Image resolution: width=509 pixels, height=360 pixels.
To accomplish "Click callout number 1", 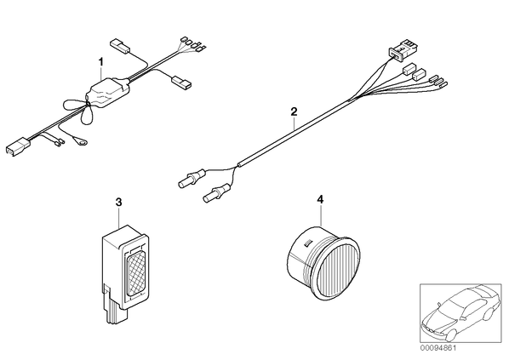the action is (x=101, y=61).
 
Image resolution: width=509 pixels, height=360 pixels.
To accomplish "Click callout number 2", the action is (x=294, y=112).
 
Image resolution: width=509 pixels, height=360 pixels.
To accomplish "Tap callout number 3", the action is (x=119, y=203).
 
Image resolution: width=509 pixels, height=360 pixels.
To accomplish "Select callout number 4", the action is (x=320, y=200).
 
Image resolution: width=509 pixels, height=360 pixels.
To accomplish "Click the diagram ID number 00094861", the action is (x=438, y=348).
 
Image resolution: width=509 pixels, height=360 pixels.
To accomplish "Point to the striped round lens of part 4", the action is (x=338, y=266).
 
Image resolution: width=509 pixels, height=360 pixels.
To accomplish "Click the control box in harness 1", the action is (x=108, y=93).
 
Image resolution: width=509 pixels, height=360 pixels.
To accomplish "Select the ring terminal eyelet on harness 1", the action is (x=81, y=141).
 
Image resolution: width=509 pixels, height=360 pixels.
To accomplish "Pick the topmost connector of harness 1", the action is (x=120, y=46).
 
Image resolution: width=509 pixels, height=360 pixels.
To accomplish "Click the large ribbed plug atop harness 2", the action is (x=404, y=50).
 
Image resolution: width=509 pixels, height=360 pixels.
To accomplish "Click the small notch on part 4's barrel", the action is (x=307, y=243).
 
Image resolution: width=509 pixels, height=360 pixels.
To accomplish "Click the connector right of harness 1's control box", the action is (x=182, y=83).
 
